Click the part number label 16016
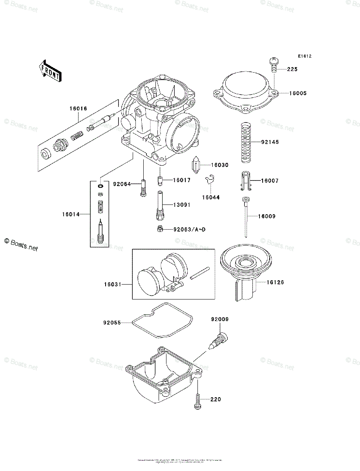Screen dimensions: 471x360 [79, 109]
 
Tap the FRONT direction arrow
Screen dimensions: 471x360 [50, 71]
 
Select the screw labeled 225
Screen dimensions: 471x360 [274, 64]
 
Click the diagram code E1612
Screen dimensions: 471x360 [304, 57]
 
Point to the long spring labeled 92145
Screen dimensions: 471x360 [246, 142]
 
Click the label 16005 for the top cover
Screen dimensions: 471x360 [298, 93]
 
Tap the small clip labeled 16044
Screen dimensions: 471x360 [210, 181]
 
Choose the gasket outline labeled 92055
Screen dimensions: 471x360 [162, 319]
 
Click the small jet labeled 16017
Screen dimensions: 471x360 [160, 181]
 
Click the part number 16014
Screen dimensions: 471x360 [71, 214]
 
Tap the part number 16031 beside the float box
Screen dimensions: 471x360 [112, 283]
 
